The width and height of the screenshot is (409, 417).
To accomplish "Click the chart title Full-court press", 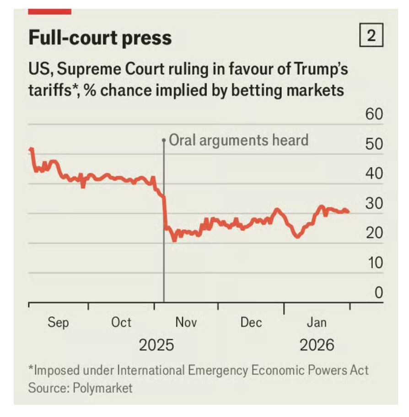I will point(100,37).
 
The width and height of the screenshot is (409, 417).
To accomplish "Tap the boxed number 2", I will point(371,36).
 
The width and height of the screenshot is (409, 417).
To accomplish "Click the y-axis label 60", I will point(374,114).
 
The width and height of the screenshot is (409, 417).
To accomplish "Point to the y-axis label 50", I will point(374,144).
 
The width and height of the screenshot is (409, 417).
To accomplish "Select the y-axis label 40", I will point(374,174).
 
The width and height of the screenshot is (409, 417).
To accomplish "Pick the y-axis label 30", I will point(374,204).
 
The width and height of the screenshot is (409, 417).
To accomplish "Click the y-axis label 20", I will point(374,234).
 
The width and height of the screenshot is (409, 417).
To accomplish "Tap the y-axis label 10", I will point(374,263).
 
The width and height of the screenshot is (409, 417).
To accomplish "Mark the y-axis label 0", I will point(378,293).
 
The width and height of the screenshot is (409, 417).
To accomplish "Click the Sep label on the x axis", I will point(59,322).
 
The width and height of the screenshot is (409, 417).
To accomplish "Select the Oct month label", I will point(121,322).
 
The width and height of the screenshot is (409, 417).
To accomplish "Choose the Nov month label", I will point(186,322).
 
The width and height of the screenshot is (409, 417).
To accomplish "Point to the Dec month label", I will point(251,322).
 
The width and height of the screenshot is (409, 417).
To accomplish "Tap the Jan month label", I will point(317,322).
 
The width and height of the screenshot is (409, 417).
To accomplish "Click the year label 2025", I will point(156,345).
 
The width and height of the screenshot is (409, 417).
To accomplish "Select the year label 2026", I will point(317,345).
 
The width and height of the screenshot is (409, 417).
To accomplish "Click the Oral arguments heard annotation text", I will point(239,139).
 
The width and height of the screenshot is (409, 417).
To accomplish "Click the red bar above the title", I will point(49,11).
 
